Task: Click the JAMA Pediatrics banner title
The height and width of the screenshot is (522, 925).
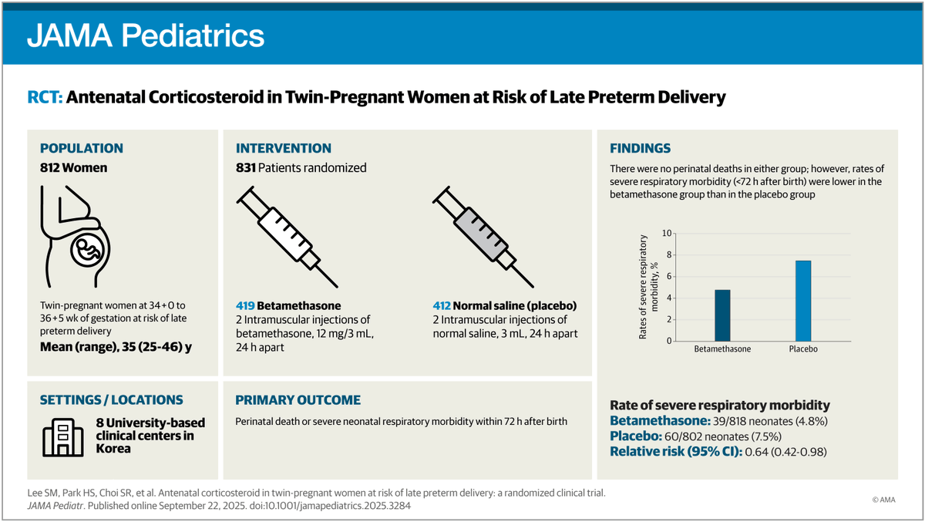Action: point(146,35)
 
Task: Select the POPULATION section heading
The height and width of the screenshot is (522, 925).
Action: point(81,148)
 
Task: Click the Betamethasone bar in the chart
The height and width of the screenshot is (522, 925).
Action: point(722,315)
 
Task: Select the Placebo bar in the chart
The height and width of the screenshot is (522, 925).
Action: point(803,301)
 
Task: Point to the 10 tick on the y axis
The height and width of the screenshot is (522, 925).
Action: point(668,233)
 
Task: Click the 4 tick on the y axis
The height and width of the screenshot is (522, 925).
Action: point(669,298)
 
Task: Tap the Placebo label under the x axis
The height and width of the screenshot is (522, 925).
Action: point(803,349)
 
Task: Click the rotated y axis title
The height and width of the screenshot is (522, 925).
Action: point(648,287)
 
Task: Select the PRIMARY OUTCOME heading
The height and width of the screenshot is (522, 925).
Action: point(298,400)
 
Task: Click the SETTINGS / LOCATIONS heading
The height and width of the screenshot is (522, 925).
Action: point(112,400)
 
